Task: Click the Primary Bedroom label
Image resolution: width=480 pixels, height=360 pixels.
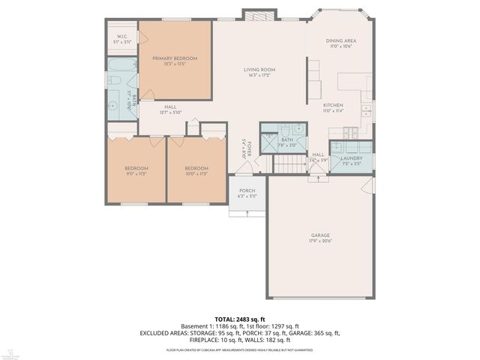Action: point(174,58)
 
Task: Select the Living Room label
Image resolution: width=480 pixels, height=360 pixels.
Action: point(259,70)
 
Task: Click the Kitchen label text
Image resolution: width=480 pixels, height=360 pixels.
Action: point(332,105)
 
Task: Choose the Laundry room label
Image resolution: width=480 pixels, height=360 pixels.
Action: point(351,158)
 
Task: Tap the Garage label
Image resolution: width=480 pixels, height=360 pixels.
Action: point(320,235)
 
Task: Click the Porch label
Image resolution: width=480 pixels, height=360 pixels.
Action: point(247,190)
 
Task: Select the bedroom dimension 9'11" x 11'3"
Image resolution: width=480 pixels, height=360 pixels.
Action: point(136,173)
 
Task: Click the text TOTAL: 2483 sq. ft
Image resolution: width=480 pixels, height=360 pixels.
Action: point(239,319)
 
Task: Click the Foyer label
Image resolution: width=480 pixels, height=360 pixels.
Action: point(244,147)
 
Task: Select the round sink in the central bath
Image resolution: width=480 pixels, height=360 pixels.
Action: point(298,129)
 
